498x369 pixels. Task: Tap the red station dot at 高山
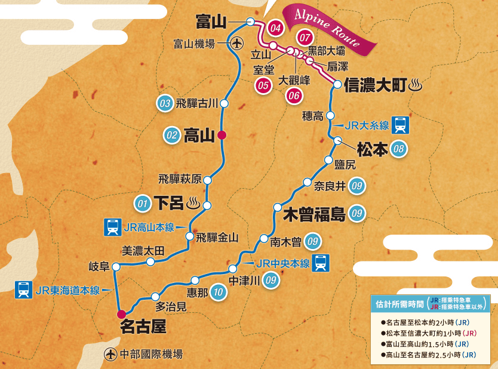pos(222,135)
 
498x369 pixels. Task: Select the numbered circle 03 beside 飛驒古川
pos(164,103)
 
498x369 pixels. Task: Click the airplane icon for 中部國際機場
pos(110,354)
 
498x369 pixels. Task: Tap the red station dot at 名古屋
pos(121,313)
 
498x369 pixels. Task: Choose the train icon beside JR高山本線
pos(112,227)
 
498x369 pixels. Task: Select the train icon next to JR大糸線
pos(401,125)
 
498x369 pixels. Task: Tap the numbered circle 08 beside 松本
pos(399,149)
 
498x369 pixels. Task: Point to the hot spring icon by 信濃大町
pos(416,86)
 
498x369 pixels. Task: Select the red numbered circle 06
pos(294,94)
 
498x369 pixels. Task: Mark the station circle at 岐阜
pos(116,266)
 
